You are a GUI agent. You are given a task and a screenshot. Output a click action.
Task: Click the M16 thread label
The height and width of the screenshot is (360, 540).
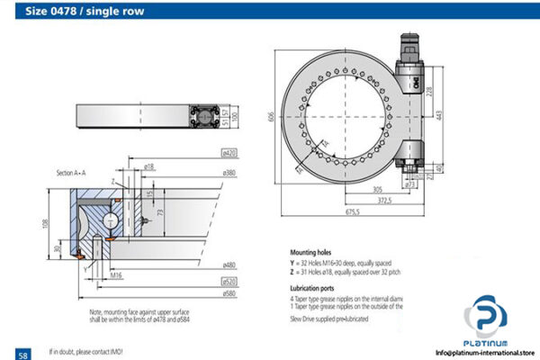click(117, 273)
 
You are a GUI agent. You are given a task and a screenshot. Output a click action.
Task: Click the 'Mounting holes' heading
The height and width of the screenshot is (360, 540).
click(311, 253)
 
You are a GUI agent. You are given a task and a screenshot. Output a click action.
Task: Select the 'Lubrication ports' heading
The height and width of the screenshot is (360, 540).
click(313, 285)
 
